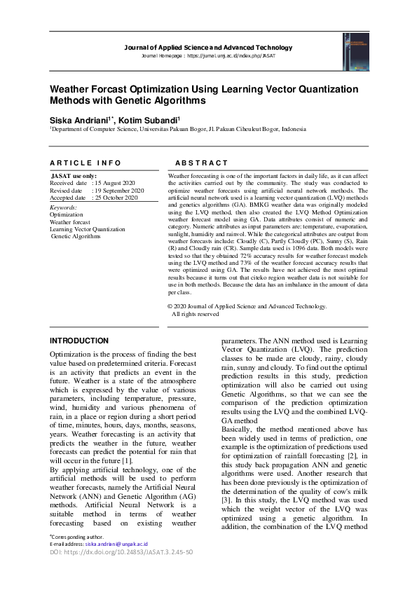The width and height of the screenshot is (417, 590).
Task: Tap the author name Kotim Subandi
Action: point(149,121)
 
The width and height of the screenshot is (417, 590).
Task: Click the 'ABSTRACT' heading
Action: point(202,163)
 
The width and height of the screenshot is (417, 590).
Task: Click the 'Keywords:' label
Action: point(64,207)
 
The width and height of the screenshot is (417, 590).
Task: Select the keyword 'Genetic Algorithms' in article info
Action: point(76,237)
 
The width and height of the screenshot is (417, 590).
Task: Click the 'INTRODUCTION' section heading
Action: point(79,341)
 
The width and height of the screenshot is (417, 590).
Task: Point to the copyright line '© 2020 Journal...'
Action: point(247,306)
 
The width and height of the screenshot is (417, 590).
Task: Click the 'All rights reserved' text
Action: point(196,314)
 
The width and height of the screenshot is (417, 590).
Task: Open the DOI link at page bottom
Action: point(121,552)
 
